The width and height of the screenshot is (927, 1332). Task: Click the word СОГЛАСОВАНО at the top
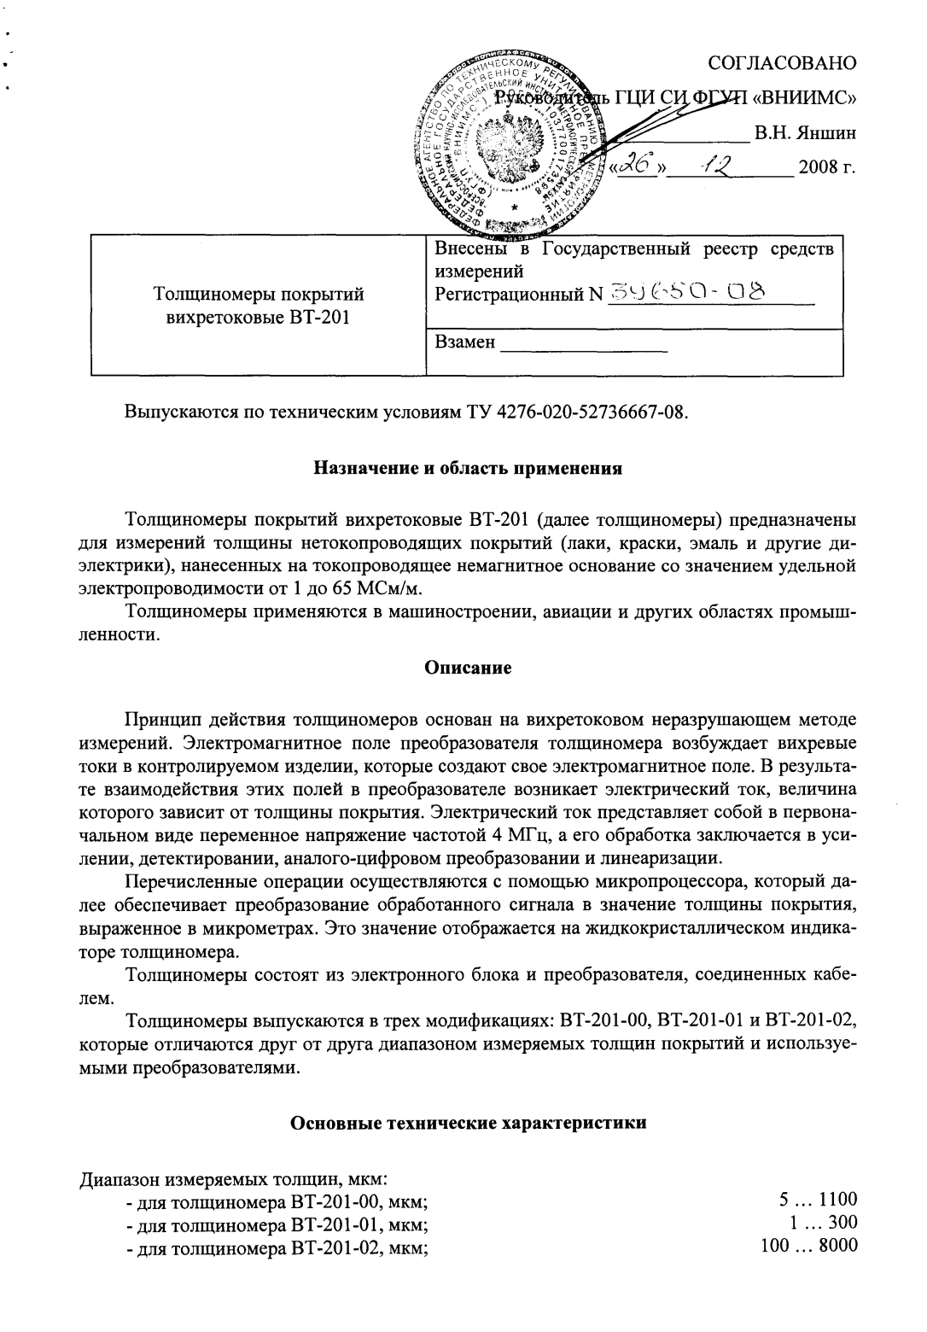[783, 63]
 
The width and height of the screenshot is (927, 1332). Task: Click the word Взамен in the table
[464, 342]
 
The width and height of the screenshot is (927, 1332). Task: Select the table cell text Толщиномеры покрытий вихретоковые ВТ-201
[257, 306]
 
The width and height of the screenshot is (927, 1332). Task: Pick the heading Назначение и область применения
[469, 468]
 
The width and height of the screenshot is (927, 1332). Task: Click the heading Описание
[469, 668]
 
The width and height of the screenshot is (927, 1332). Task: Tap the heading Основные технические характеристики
[469, 1123]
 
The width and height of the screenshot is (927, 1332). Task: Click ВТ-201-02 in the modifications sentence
[811, 1021]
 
